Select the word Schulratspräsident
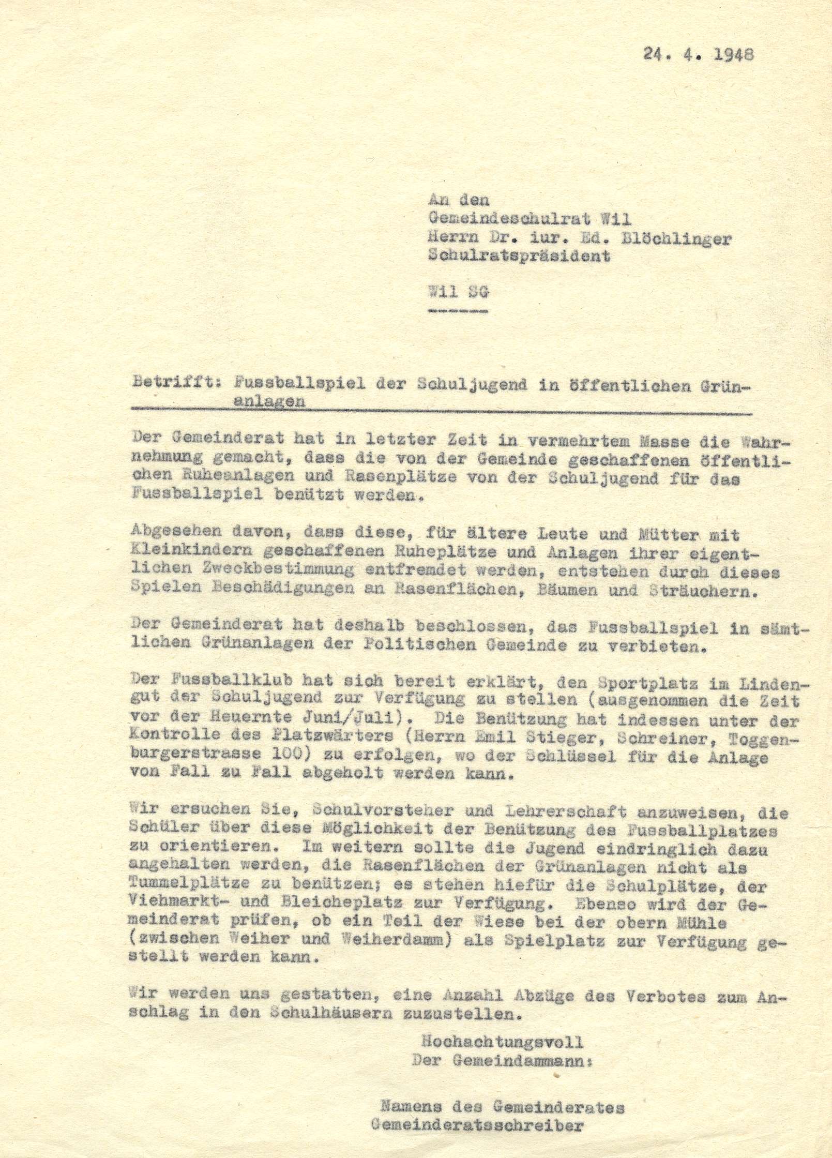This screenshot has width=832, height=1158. [519, 256]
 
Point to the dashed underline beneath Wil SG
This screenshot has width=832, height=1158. [458, 312]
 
